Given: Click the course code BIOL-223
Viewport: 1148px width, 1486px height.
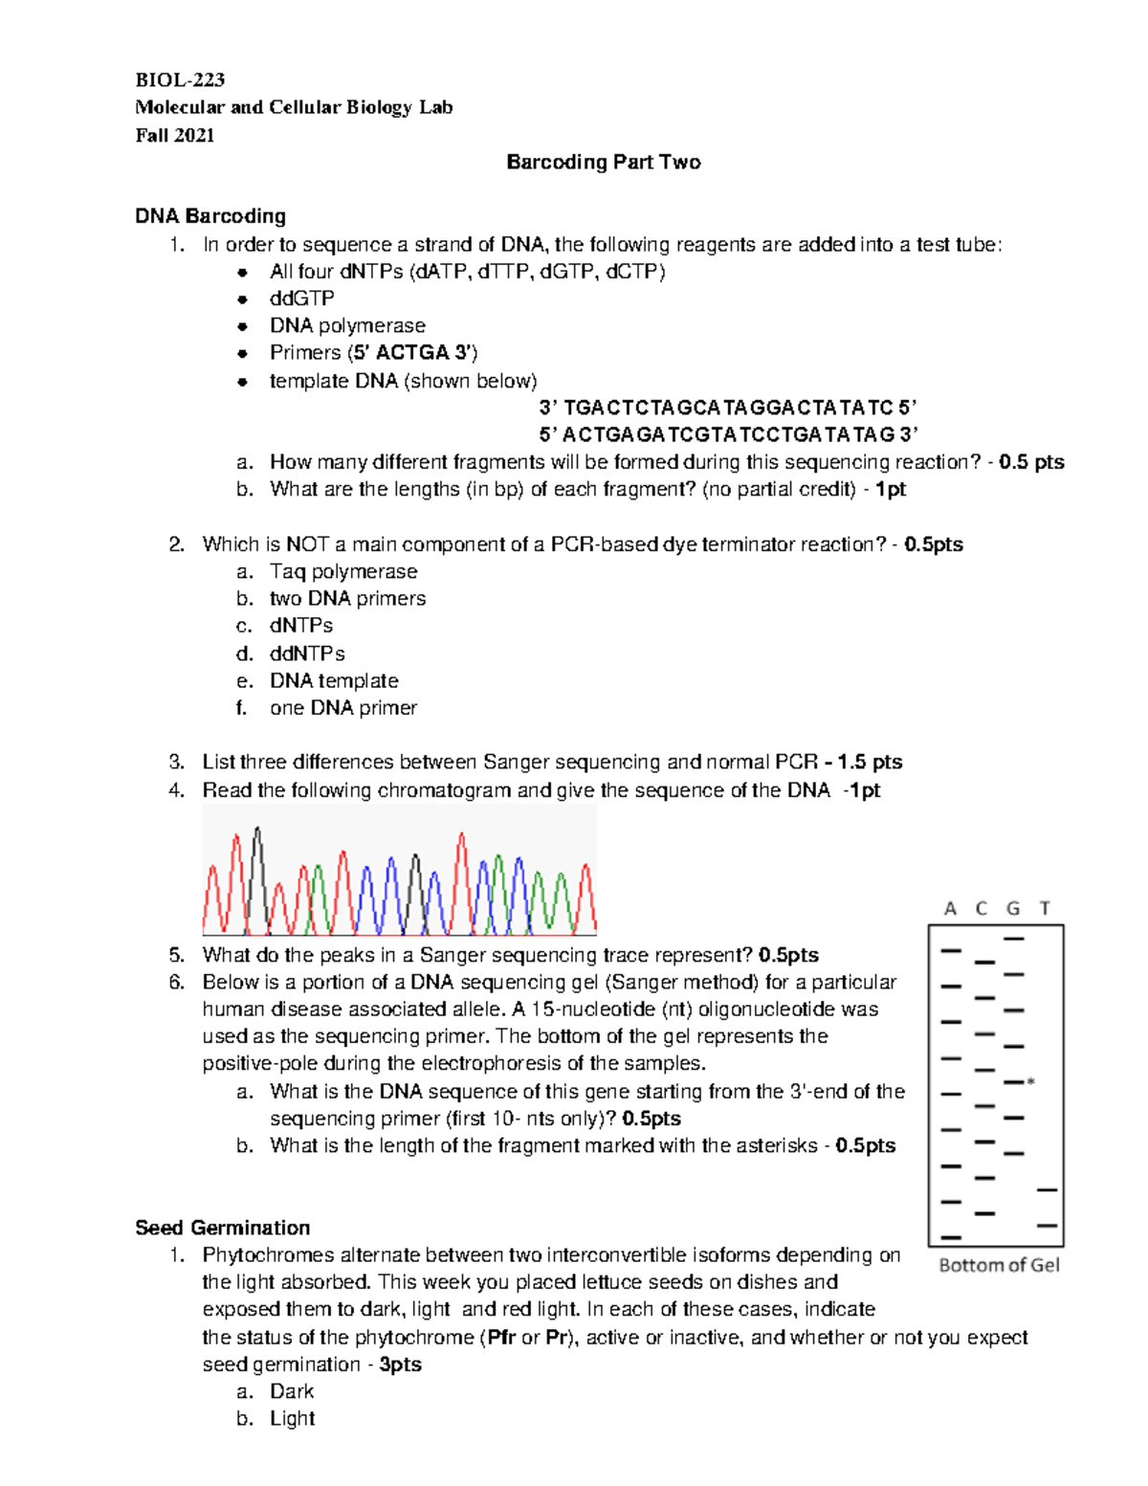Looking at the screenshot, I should click(x=180, y=79).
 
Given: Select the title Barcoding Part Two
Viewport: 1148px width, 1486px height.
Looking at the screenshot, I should click(x=603, y=162).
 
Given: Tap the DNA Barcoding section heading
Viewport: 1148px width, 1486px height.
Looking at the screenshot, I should click(x=210, y=216).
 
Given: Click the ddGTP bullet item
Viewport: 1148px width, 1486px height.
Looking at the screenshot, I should click(x=301, y=299).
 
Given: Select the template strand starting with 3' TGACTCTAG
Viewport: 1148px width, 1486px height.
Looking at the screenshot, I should click(x=728, y=408).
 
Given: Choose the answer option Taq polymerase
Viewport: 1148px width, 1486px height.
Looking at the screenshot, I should click(x=343, y=571).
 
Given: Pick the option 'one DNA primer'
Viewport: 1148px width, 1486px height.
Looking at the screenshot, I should click(x=342, y=708).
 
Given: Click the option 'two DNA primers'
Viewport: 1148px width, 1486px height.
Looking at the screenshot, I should click(x=347, y=599).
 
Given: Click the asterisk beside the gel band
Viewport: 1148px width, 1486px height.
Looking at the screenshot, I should click(x=1030, y=1082).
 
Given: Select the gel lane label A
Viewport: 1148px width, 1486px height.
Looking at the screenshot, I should click(x=950, y=908).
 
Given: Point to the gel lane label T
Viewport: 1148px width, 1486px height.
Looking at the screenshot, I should click(x=1045, y=908).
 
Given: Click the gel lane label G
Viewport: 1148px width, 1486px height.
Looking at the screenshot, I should click(x=1013, y=908).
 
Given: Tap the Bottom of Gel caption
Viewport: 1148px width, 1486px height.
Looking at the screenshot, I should click(x=999, y=1265).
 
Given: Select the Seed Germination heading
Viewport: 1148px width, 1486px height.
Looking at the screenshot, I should click(x=222, y=1228).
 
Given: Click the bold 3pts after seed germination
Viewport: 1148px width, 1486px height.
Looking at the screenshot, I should click(x=400, y=1364).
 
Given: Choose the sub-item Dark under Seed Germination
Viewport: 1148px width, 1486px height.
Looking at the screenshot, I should click(x=292, y=1391).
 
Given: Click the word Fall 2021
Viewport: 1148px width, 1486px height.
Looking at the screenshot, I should click(x=175, y=135).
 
